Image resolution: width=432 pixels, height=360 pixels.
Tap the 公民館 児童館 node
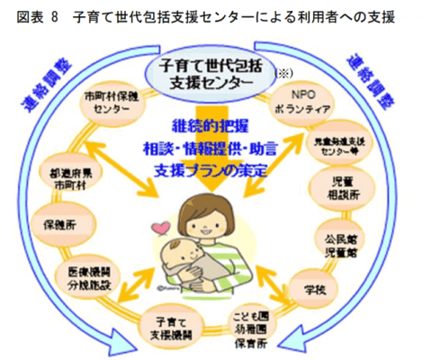click(x=345, y=244)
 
